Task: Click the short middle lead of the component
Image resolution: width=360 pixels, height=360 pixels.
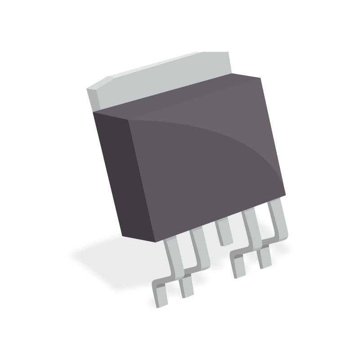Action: click(x=223, y=232)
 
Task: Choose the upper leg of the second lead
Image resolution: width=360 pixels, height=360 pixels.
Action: click(x=199, y=245)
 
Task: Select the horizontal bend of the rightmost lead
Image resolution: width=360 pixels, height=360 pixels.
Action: click(x=274, y=238)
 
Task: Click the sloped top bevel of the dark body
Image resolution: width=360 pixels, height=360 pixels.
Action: click(x=189, y=101)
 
